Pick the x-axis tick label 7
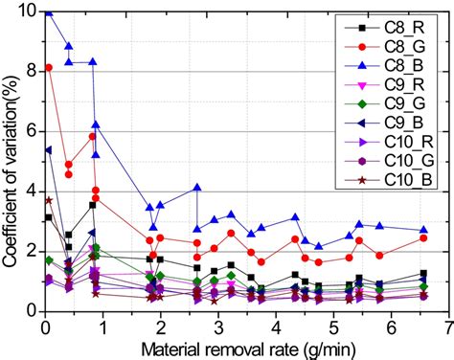click(447, 326)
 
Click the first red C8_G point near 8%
click(47, 68)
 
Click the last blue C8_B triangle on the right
click(422, 230)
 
